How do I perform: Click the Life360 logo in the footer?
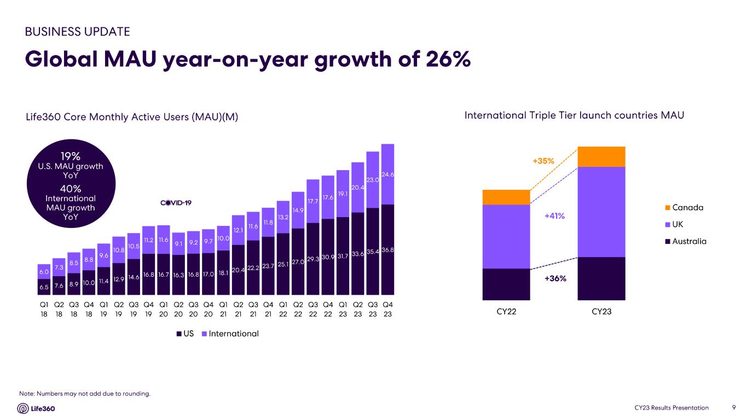[36, 408]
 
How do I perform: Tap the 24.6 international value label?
[388, 174]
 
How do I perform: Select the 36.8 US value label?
[388, 250]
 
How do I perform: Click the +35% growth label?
[543, 161]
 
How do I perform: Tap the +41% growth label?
[554, 216]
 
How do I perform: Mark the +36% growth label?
[555, 278]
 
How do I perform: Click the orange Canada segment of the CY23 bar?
[601, 156]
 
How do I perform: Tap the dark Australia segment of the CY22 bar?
[506, 284]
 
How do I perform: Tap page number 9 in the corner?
[733, 407]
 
